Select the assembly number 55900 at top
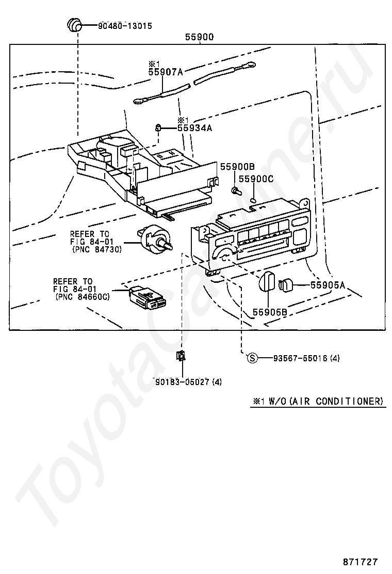199,37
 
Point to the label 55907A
166,72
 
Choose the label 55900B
238,167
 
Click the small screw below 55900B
237,191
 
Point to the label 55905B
270,312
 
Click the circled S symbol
252,358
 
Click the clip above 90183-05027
182,355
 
